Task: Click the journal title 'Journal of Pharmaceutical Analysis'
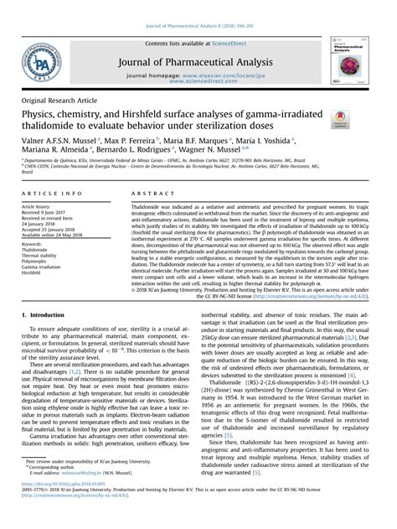point(198,58)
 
